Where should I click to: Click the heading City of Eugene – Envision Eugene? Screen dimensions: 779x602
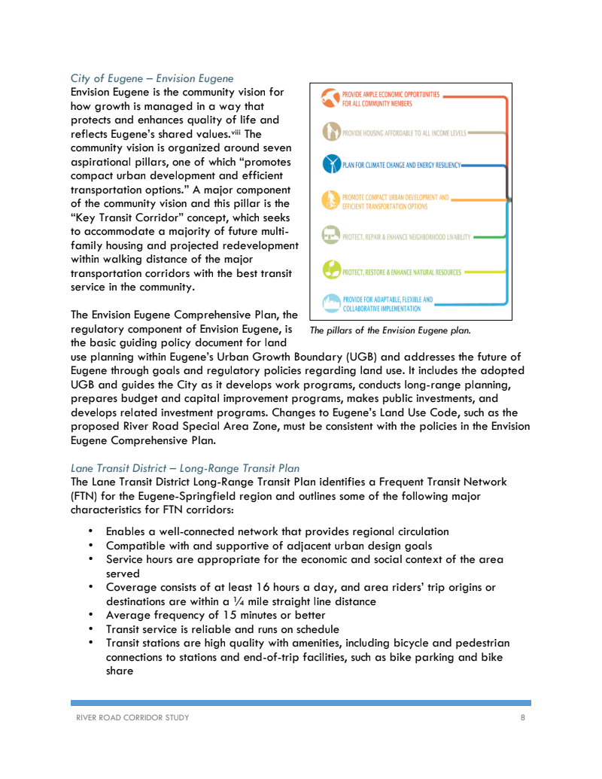[152, 78]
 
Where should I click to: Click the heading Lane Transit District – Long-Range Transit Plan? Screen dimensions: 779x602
[185, 468]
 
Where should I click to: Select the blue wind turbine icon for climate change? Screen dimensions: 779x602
[330, 164]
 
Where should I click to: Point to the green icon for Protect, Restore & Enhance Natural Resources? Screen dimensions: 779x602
[330, 270]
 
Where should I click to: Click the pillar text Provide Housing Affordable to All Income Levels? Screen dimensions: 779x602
[404, 133]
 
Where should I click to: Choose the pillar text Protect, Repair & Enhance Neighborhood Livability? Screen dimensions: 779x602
[406, 237]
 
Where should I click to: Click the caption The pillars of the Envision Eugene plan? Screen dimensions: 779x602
[390, 330]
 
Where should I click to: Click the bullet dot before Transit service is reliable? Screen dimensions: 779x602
[91, 628]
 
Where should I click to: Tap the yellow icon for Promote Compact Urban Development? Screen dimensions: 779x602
[330, 200]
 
